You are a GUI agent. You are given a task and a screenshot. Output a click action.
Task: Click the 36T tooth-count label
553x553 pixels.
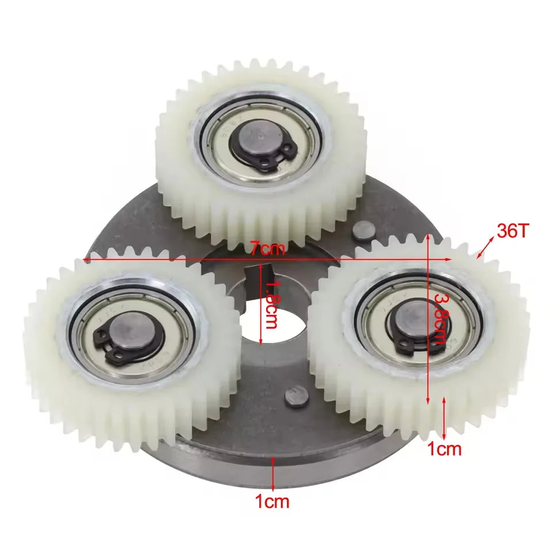(513, 232)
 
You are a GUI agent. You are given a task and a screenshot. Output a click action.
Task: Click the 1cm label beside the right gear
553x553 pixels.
(445, 449)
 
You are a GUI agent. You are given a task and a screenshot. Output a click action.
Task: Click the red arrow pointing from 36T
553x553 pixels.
(485, 249)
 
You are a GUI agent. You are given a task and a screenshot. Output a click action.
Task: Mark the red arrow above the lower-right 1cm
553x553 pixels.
(444, 418)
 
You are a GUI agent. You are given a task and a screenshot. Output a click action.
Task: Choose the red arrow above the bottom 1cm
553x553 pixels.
(272, 470)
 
